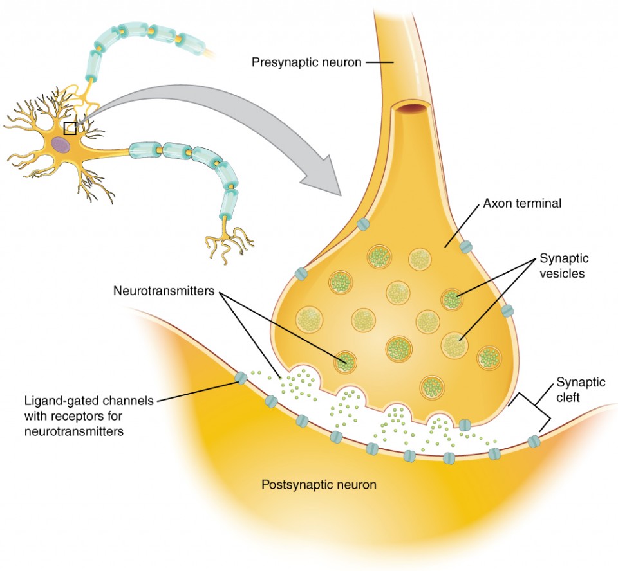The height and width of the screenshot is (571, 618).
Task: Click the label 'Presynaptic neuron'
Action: pos(305,62)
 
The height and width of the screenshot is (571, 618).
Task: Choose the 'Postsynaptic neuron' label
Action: pos(319,484)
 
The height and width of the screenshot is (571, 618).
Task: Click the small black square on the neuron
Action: pos(70,128)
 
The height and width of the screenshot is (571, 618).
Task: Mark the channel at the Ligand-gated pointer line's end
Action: pos(241,379)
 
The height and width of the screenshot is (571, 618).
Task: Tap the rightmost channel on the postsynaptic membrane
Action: pos(534,442)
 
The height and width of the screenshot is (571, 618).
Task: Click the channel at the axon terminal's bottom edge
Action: pos(464,424)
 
